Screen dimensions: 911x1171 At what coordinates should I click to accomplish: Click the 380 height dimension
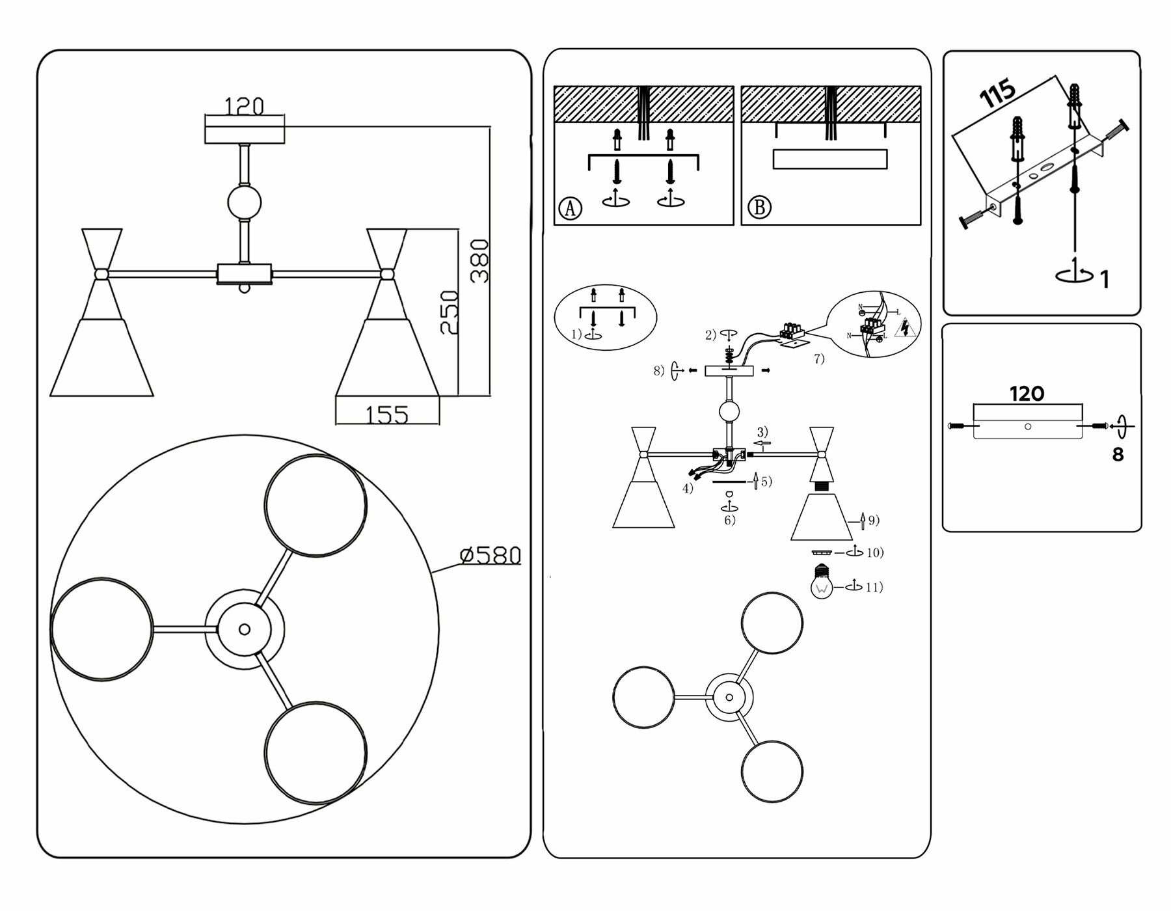click(x=479, y=261)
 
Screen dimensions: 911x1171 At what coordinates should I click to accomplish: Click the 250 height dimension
click(x=449, y=312)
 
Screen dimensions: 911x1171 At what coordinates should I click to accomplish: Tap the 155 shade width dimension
click(x=387, y=415)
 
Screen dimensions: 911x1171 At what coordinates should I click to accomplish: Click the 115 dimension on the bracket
click(x=998, y=93)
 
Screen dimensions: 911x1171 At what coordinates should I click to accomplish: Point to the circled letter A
click(x=571, y=208)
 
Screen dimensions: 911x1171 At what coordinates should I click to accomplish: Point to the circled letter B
click(x=759, y=208)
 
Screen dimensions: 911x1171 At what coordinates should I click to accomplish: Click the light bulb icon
click(x=822, y=582)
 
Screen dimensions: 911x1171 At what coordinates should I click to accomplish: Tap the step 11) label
click(x=874, y=588)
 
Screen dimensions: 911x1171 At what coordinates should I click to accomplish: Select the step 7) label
click(x=819, y=359)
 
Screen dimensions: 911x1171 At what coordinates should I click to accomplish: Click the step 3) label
click(x=762, y=432)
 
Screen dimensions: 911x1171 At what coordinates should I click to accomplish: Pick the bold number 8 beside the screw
click(x=1118, y=455)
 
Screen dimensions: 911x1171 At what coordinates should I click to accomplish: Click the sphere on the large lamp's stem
click(x=244, y=202)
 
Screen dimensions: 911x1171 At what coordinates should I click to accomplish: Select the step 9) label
click(x=873, y=520)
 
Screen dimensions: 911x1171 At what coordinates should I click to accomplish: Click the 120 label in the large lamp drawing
click(x=244, y=106)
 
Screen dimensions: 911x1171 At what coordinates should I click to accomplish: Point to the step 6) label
click(x=730, y=520)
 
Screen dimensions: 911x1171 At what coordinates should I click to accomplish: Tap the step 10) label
click(x=874, y=552)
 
